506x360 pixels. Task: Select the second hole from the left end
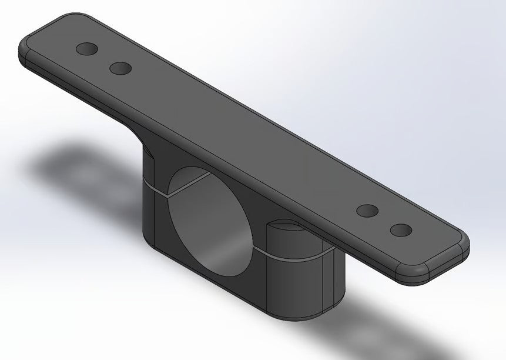[x=120, y=68]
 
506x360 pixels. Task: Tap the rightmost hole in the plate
[x=401, y=229]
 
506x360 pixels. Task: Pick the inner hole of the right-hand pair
[x=368, y=211]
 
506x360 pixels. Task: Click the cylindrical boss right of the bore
[x=300, y=276]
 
